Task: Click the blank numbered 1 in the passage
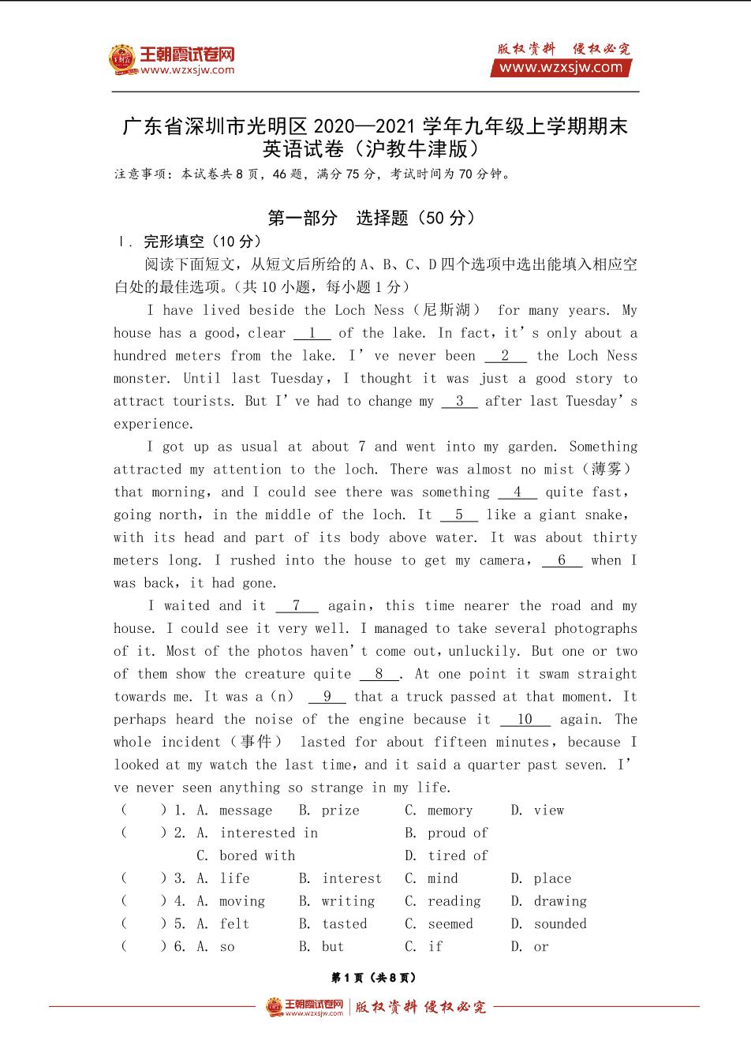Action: point(312,333)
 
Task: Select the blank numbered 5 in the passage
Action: point(459,515)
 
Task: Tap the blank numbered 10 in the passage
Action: point(525,719)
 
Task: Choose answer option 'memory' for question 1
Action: point(450,810)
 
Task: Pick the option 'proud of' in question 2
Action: point(458,833)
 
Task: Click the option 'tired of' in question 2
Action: point(458,855)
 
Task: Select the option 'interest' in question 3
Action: point(351,878)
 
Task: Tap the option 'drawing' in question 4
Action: point(560,901)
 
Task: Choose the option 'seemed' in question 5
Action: point(450,924)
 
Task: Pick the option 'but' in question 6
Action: point(332,947)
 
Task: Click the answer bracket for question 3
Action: point(143,878)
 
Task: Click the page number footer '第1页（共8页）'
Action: point(374,978)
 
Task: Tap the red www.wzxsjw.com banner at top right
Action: point(561,68)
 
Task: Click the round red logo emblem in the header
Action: point(122,59)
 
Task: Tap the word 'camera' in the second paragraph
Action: point(501,560)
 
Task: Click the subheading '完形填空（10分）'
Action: point(202,241)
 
